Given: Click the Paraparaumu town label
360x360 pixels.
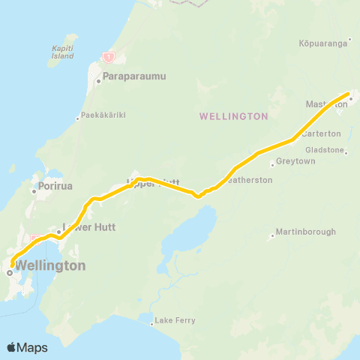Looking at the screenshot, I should (134, 76).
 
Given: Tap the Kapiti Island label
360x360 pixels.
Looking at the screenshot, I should (62, 52).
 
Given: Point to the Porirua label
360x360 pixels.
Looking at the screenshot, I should (56, 186).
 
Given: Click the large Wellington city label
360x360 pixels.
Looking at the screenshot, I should (51, 265).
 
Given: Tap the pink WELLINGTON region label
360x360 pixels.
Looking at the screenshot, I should (234, 116).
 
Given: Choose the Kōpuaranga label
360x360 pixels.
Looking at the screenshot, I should (324, 43).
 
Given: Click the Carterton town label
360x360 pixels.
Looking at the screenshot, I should (321, 133).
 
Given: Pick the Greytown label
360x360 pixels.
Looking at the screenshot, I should (293, 161).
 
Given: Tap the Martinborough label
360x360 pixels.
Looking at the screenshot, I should (306, 232).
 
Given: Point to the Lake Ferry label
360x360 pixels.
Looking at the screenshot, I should (175, 321).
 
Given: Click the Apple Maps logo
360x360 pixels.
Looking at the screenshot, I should (27, 347).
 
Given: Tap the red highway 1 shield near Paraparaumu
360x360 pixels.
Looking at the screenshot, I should (109, 57).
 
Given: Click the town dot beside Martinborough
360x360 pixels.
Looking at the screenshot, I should (272, 237).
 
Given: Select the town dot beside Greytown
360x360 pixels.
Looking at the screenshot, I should (272, 164).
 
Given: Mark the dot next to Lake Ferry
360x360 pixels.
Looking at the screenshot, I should (152, 325).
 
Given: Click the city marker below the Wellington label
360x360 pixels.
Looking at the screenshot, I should (10, 274).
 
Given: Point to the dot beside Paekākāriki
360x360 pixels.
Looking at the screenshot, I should (77, 118).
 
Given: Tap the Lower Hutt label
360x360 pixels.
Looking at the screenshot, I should (87, 225).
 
